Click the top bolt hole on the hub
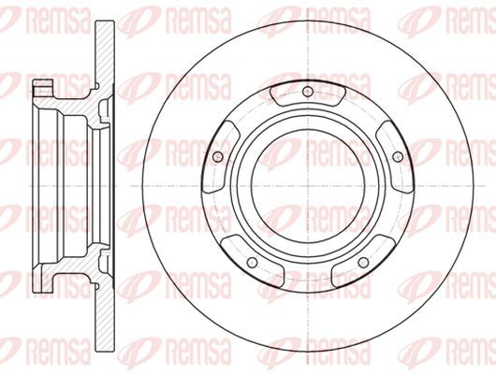(308, 92)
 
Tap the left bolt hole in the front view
(217, 156)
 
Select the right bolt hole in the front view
(398, 156)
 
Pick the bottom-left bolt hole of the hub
(252, 262)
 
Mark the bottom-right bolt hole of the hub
(363, 262)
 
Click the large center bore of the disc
(308, 186)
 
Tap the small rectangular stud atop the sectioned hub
(43, 88)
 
